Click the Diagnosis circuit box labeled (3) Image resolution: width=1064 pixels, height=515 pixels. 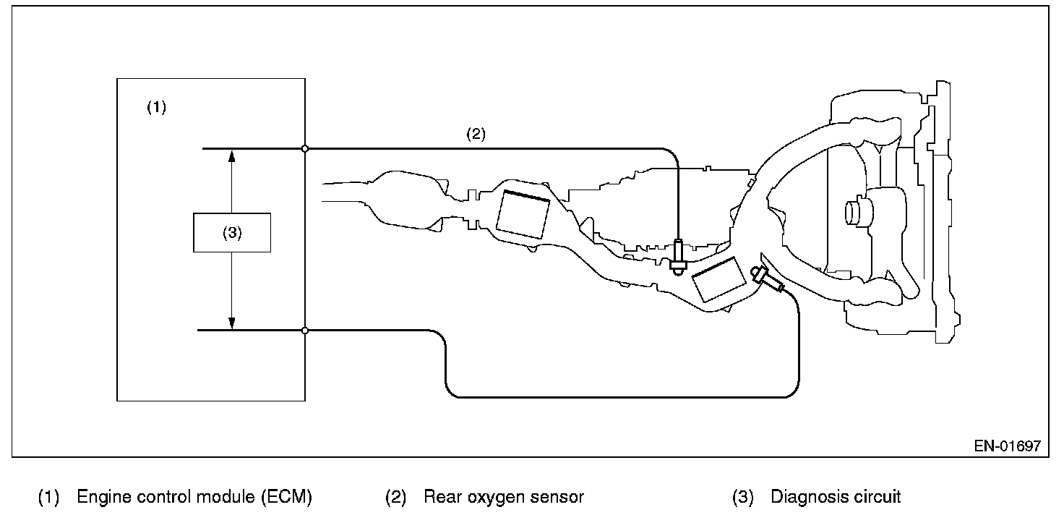pyautogui.click(x=232, y=232)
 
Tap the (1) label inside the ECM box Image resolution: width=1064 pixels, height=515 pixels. pyautogui.click(x=156, y=108)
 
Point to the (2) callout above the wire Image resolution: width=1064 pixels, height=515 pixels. pyautogui.click(x=476, y=134)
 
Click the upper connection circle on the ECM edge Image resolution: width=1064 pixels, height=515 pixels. pyautogui.click(x=305, y=148)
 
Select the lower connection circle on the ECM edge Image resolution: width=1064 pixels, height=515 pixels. pyautogui.click(x=305, y=331)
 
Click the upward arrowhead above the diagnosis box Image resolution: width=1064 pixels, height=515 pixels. pyautogui.click(x=232, y=155)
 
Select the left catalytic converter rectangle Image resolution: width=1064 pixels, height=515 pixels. pyautogui.click(x=523, y=214)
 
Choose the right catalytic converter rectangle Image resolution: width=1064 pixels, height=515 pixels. pyautogui.click(x=718, y=281)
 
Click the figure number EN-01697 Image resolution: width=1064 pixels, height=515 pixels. pyautogui.click(x=1007, y=446)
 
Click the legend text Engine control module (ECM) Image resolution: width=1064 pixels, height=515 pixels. pyautogui.click(x=194, y=498)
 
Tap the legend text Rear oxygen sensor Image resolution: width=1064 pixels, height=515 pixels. pyautogui.click(x=503, y=498)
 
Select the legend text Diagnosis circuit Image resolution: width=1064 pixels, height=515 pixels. pyautogui.click(x=836, y=498)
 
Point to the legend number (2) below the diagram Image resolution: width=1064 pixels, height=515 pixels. pyautogui.click(x=395, y=498)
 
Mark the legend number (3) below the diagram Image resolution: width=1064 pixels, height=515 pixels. pyautogui.click(x=742, y=498)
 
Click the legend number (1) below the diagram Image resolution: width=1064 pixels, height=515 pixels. pyautogui.click(x=48, y=498)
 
